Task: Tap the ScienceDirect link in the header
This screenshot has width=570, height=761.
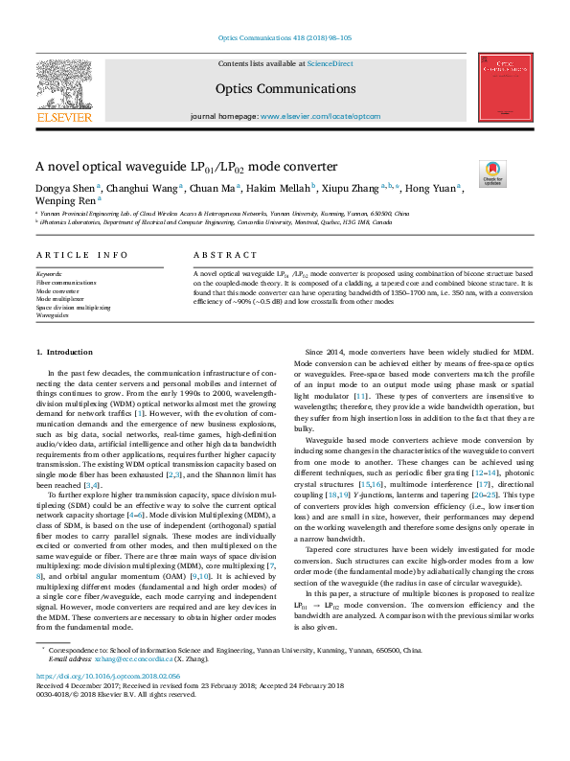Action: tap(329, 63)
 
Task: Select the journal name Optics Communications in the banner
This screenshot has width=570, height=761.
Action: tap(285, 86)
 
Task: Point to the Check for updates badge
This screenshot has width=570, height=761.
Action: tap(492, 173)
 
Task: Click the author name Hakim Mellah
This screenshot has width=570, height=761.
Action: tap(285, 188)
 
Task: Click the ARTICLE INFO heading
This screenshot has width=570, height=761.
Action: tap(81, 255)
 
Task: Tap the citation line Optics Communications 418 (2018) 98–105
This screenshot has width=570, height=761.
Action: tap(285, 38)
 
